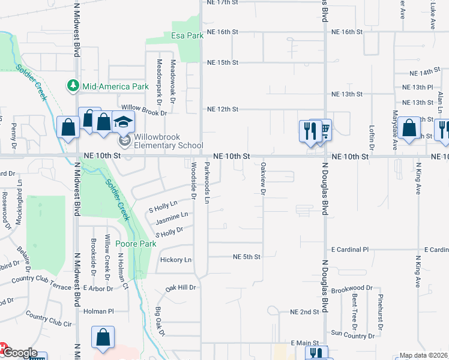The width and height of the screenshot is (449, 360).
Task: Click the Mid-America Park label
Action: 115,86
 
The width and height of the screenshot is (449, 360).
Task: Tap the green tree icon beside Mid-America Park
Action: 74,86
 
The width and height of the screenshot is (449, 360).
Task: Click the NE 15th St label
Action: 223,62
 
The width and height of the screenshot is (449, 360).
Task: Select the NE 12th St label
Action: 223,109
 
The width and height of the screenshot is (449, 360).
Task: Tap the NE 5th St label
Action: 247,257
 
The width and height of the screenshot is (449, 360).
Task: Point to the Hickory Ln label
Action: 176,260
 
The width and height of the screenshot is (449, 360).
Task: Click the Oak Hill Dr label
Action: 181,288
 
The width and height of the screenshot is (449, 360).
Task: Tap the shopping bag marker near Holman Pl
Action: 103,337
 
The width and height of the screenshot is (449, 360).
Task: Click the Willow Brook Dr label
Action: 144,110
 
